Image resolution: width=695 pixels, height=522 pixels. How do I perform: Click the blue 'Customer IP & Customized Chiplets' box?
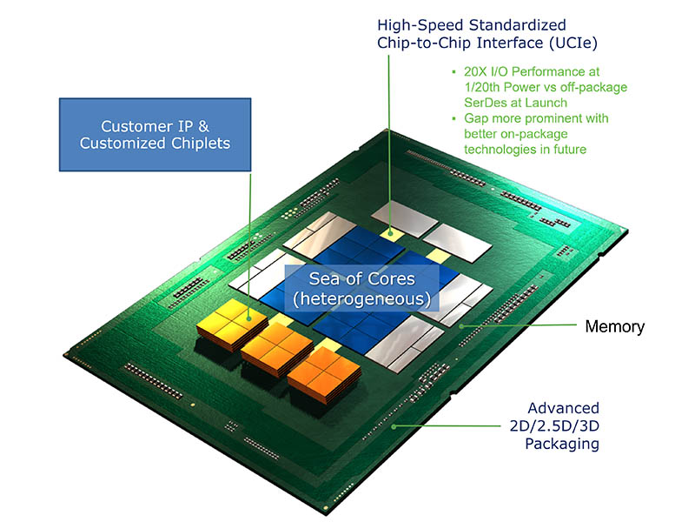pos(156,135)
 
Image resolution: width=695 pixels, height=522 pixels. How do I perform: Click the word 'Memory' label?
pos(615,327)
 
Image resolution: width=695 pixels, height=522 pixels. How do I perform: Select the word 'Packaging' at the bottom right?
pos(562,444)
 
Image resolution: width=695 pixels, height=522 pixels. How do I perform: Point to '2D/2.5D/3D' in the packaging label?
pos(554,425)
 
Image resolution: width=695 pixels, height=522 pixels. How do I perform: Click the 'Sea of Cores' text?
pos(361,278)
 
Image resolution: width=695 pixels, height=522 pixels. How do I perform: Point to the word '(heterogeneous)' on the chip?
pos(361,298)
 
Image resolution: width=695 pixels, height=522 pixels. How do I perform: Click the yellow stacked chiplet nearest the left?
pos(232,325)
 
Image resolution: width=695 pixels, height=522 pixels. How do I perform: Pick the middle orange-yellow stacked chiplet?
pos(277,350)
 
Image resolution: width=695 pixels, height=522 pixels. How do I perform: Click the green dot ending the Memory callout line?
pos(461,326)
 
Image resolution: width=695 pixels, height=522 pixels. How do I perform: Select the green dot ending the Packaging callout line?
pos(394,426)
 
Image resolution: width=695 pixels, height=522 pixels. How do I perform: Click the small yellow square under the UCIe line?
pos(390,233)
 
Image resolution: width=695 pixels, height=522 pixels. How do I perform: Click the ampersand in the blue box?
pos(203,126)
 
